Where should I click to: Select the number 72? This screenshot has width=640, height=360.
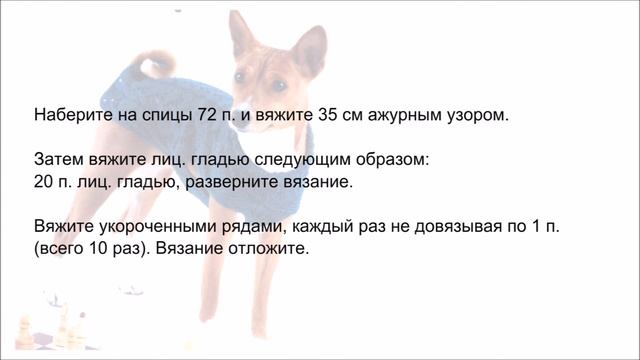click(x=208, y=115)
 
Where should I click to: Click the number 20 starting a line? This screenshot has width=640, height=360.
click(x=44, y=184)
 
